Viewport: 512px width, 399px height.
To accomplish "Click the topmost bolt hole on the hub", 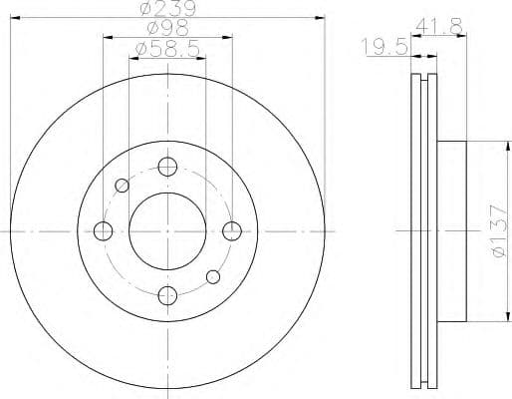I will [167, 168].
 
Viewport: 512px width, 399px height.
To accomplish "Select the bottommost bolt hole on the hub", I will [167, 294].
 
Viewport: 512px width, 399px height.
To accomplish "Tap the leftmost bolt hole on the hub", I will [103, 231].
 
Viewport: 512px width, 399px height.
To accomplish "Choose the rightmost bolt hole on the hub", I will [231, 231].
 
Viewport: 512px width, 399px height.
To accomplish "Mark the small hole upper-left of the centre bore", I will [123, 186].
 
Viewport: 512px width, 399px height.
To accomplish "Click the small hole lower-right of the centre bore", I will [212, 276].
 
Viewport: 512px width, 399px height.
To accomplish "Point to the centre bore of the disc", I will [167, 231].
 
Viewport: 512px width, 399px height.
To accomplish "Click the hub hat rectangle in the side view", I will [451, 231].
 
